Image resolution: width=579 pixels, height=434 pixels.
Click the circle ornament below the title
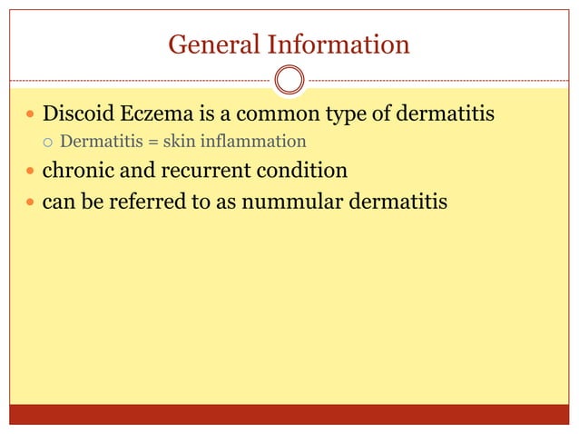click(289, 80)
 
